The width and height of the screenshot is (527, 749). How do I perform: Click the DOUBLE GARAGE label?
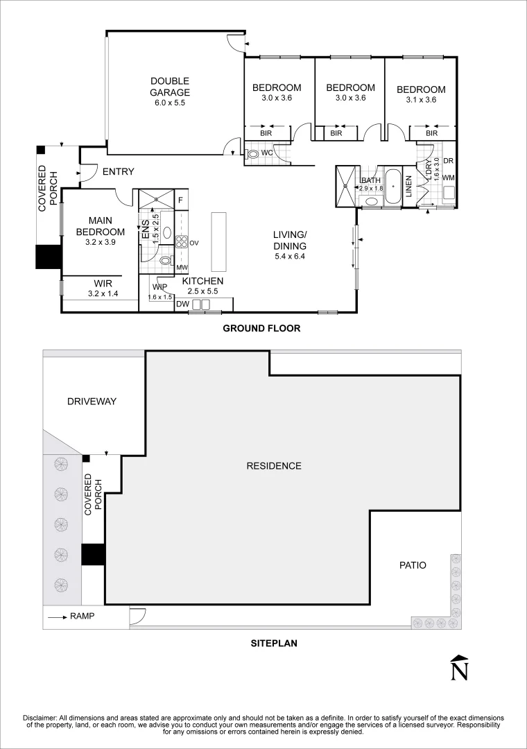click(170, 87)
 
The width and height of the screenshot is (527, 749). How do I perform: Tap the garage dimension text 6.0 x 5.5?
click(170, 103)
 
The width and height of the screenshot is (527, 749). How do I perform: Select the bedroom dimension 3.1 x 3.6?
click(421, 100)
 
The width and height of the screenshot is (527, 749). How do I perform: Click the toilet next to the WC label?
click(252, 153)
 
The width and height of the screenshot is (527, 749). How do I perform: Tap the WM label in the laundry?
click(448, 178)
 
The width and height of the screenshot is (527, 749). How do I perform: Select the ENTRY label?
click(118, 172)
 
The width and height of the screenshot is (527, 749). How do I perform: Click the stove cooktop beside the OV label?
click(182, 242)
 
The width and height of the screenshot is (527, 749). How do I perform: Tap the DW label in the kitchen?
click(183, 304)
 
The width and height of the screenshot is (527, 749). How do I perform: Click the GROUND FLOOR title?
click(261, 328)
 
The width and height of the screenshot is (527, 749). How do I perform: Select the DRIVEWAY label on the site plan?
click(92, 402)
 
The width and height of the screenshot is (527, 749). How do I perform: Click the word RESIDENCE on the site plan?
click(274, 466)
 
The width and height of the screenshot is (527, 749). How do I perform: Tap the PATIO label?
click(412, 565)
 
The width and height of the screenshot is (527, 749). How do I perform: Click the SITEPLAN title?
click(273, 643)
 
